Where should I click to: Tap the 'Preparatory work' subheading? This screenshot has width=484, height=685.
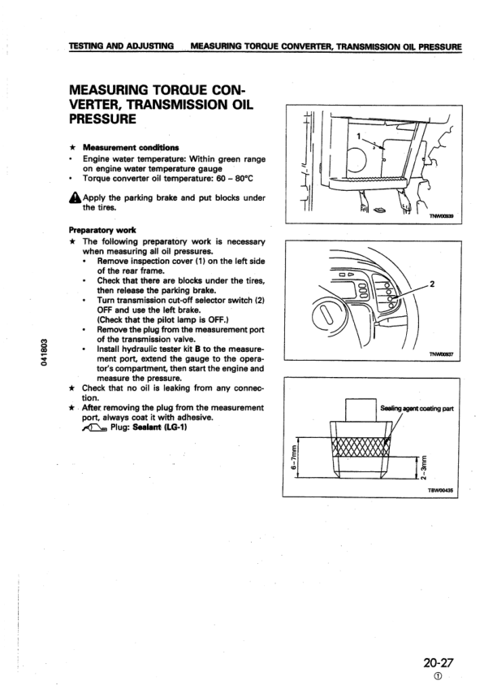(97, 230)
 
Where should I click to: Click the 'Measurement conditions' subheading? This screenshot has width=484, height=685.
(121, 146)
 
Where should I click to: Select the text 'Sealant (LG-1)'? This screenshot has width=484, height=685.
(152, 429)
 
